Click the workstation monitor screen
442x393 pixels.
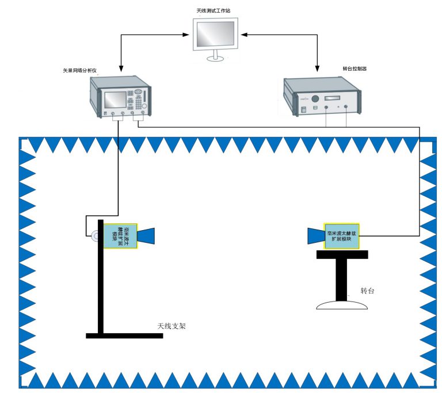(x=215, y=34)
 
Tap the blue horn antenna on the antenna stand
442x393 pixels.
(x=146, y=235)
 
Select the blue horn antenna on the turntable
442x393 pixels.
(x=316, y=236)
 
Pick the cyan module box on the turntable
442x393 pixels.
(x=342, y=236)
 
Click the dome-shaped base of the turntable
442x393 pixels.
(x=342, y=305)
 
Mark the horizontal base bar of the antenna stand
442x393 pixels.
(x=124, y=335)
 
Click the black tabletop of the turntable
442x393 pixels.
(x=342, y=255)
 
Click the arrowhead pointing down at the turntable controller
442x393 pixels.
(x=317, y=70)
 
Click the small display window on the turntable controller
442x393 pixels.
(x=335, y=98)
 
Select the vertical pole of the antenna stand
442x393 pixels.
(x=100, y=276)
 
